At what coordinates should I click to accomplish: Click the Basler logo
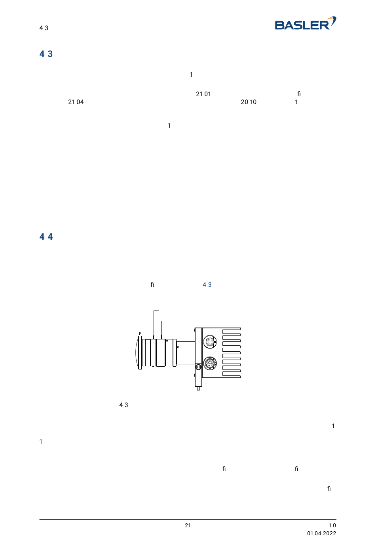point(306,24)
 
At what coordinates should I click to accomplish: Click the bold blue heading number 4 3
point(46,54)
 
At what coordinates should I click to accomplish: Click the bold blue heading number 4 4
point(46,237)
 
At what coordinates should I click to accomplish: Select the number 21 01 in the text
point(203,94)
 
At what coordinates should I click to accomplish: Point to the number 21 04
point(76,102)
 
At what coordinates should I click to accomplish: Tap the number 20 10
point(249,102)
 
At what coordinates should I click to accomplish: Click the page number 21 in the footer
point(188,525)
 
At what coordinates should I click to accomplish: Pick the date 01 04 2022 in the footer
point(321,533)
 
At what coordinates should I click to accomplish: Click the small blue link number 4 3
point(207,284)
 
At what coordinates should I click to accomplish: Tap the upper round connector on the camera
point(210,341)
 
